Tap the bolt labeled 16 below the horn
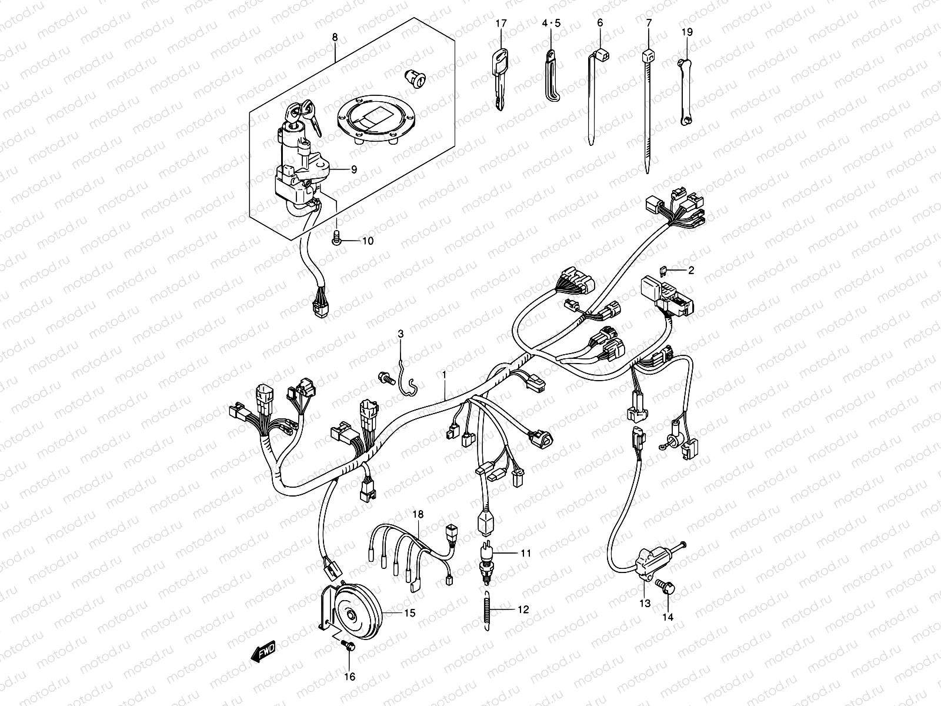pos(347,646)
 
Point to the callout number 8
pos(335,37)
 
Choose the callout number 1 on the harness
pos(445,374)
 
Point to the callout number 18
pos(418,515)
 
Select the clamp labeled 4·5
pos(552,76)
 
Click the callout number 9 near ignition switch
pos(354,169)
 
